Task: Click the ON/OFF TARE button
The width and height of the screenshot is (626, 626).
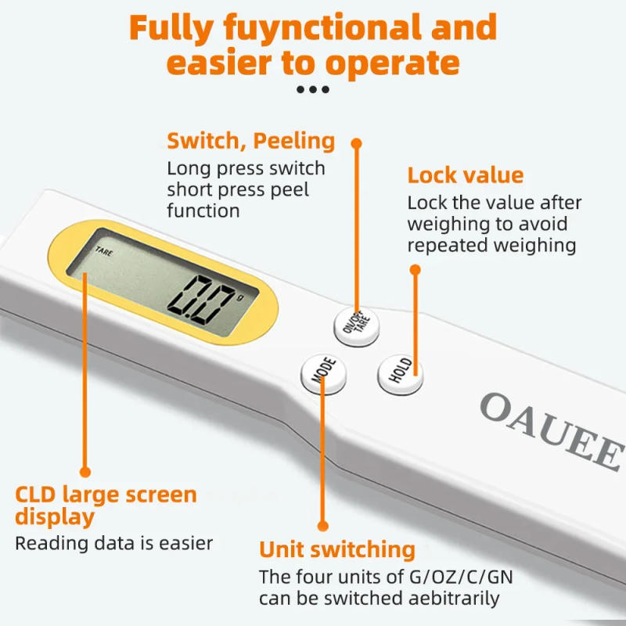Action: tap(358, 323)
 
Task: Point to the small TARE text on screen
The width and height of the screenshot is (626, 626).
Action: tap(103, 252)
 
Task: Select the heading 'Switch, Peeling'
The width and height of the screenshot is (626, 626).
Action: tap(251, 142)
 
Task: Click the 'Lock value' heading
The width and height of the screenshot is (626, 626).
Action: tap(466, 174)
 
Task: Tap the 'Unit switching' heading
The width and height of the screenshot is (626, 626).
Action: tap(337, 549)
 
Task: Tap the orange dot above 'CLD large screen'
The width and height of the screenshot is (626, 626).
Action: tap(85, 472)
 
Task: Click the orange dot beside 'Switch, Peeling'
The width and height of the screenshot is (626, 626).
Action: tap(357, 143)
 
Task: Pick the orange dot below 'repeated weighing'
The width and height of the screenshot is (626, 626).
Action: tap(416, 270)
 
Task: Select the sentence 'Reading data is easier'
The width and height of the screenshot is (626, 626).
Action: tap(114, 543)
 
